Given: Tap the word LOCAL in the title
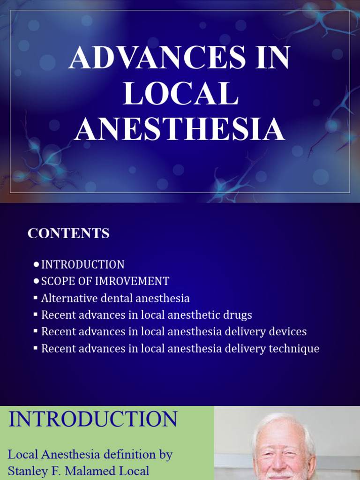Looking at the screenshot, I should click(180, 93).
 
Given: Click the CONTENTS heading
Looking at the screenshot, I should click(68, 233).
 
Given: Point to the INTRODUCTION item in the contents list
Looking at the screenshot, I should click(83, 264).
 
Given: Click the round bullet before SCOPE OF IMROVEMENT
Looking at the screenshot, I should click(36, 282).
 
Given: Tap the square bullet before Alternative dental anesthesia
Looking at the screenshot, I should click(36, 297).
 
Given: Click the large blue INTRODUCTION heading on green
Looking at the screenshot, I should click(93, 419).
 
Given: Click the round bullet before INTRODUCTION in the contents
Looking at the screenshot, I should click(36, 265).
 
